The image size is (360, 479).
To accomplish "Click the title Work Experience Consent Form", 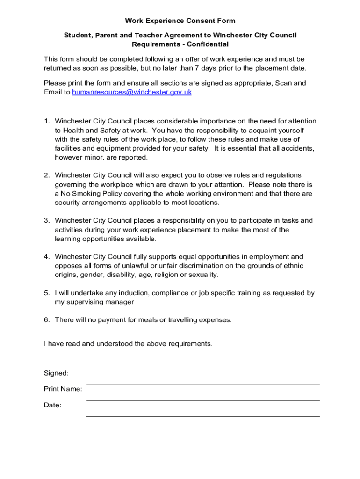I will point(180,21).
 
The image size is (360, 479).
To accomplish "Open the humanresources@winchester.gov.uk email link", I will point(132,93).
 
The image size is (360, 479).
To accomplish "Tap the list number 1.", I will point(47,121).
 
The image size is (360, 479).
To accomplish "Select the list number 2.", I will point(47,175).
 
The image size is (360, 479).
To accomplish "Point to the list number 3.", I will point(47,220).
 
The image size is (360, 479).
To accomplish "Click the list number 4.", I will point(47,257).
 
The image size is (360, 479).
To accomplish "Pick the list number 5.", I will point(47,293).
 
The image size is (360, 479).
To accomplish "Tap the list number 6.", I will point(47,320).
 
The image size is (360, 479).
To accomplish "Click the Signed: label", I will point(56,373).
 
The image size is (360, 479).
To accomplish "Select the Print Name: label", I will point(63,389).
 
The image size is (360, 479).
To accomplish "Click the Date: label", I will point(52,406).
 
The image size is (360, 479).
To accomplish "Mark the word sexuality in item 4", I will point(202,275).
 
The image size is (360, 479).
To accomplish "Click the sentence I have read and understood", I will point(128,344).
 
